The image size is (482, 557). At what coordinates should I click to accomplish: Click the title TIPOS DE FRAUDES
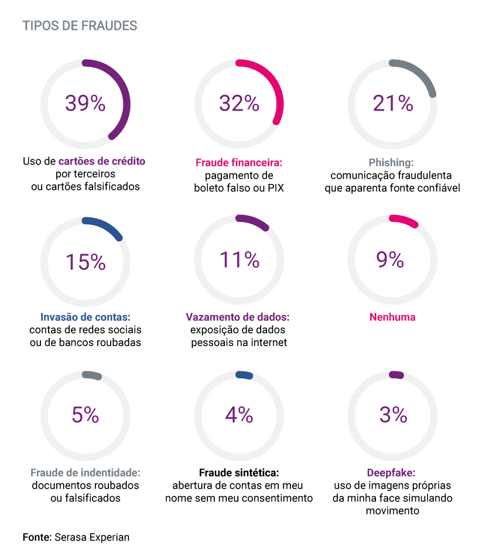point(80,26)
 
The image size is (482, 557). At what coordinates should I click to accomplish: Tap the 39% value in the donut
point(86,103)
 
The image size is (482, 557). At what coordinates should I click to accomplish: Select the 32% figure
point(239,103)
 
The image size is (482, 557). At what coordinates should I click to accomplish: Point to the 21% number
point(393,103)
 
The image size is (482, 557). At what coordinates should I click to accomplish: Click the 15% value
point(86,261)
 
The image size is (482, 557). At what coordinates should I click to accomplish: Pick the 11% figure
point(239,259)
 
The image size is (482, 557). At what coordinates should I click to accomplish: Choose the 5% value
point(86,415)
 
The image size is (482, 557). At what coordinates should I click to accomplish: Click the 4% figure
point(239,415)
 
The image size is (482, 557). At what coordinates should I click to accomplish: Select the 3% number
point(393,415)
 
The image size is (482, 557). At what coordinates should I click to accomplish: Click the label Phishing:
point(391,162)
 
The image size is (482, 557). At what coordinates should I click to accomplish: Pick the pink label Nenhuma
point(392,317)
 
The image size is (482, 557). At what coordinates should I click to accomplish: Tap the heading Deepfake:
point(391,473)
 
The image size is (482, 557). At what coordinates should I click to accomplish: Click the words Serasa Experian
point(93,537)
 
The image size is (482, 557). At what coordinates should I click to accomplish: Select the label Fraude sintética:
point(239,473)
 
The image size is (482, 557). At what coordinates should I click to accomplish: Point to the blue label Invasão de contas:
point(86,317)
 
